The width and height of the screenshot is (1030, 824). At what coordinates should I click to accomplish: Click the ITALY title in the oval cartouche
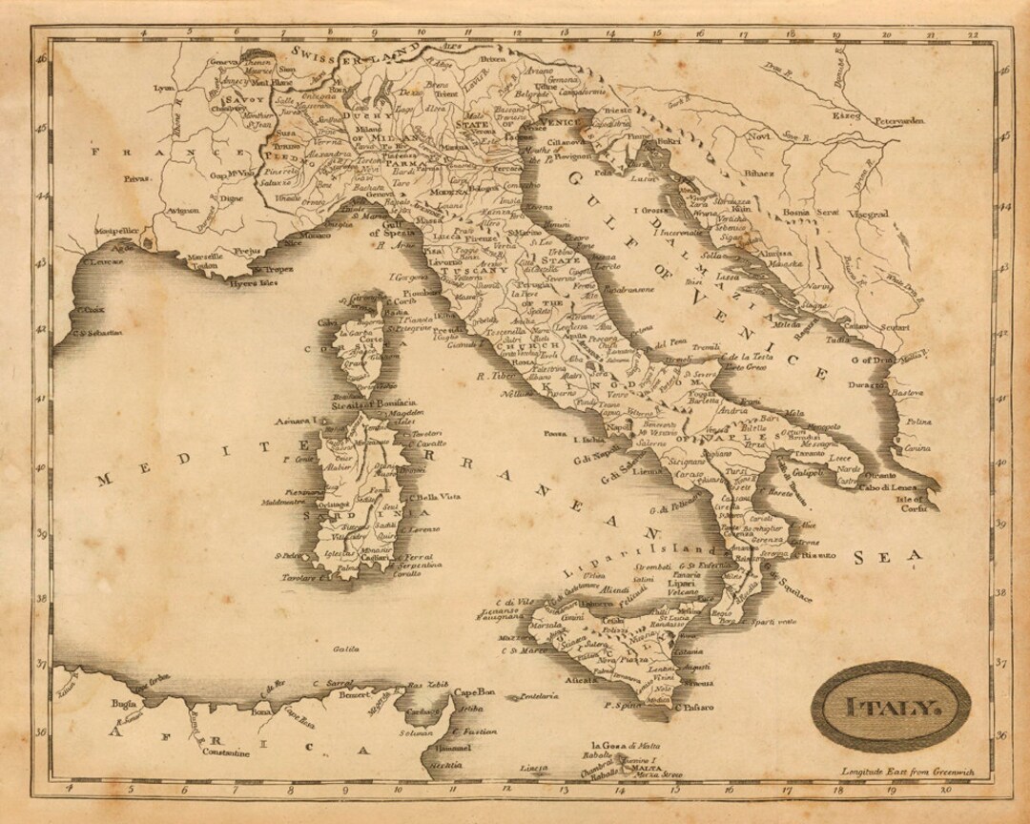tap(890, 708)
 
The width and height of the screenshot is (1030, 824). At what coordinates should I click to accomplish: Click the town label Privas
tap(137, 178)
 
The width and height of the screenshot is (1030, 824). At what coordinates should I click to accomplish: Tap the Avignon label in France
tap(182, 210)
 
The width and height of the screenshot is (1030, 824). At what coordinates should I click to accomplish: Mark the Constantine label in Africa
tap(226, 752)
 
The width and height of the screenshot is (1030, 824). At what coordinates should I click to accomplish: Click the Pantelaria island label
tap(540, 696)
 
